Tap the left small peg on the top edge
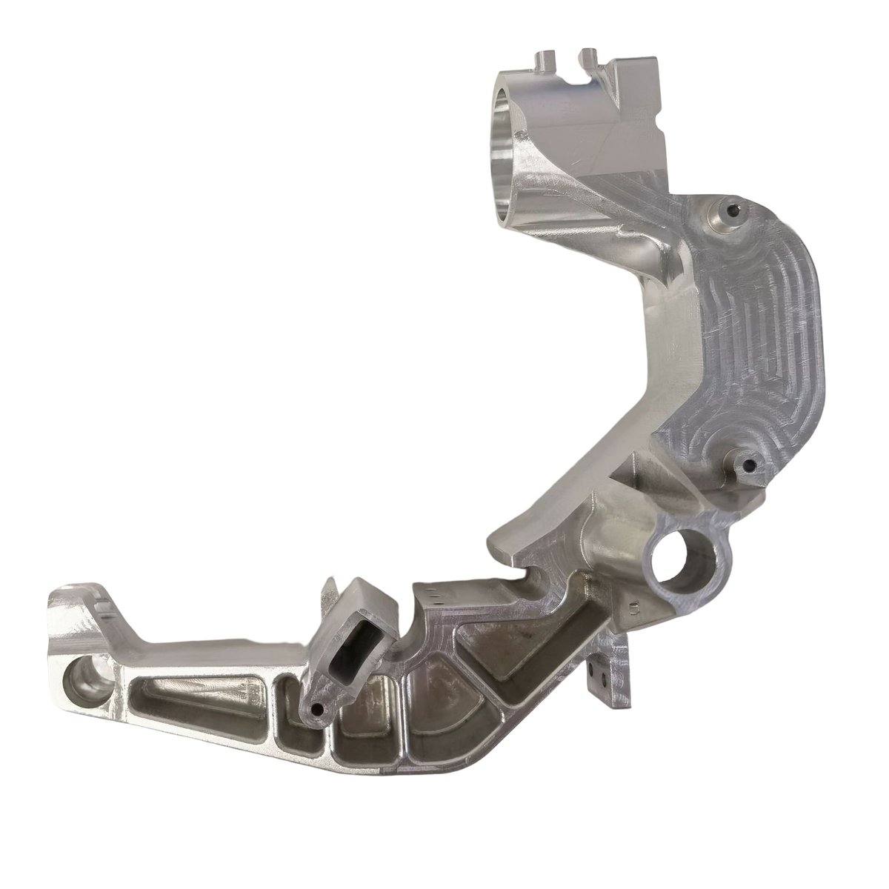point(546,59)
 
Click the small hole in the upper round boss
point(733,210)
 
